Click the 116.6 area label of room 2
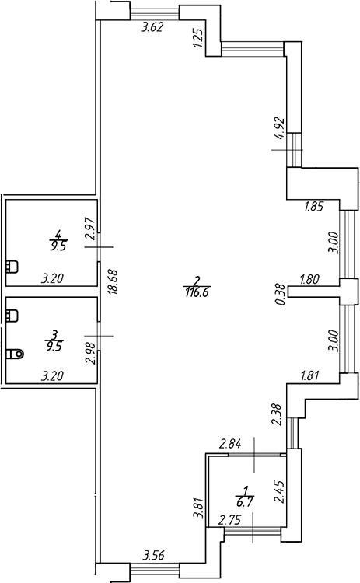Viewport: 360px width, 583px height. pyautogui.click(x=197, y=291)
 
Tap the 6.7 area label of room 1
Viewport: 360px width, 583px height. pyautogui.click(x=244, y=504)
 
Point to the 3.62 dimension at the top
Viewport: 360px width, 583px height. pyautogui.click(x=152, y=27)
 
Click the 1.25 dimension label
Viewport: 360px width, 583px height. pyautogui.click(x=197, y=38)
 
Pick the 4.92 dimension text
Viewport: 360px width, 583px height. pyautogui.click(x=279, y=128)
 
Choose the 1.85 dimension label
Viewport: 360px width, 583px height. pyautogui.click(x=314, y=206)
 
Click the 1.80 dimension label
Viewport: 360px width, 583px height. pyautogui.click(x=309, y=279)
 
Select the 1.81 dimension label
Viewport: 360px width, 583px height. pyautogui.click(x=309, y=376)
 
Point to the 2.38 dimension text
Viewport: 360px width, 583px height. pyautogui.click(x=277, y=414)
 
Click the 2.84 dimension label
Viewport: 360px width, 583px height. pyautogui.click(x=231, y=444)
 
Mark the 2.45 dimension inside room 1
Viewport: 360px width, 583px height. pyautogui.click(x=279, y=491)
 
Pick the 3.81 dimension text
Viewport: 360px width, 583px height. pyautogui.click(x=199, y=508)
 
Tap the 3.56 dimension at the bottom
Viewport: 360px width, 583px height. pyautogui.click(x=154, y=557)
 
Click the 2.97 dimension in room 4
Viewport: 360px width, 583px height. pyautogui.click(x=91, y=230)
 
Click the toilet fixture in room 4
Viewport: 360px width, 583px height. pyautogui.click(x=12, y=267)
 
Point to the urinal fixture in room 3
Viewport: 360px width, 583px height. pyautogui.click(x=15, y=353)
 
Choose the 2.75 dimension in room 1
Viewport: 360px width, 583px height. pyautogui.click(x=230, y=520)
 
